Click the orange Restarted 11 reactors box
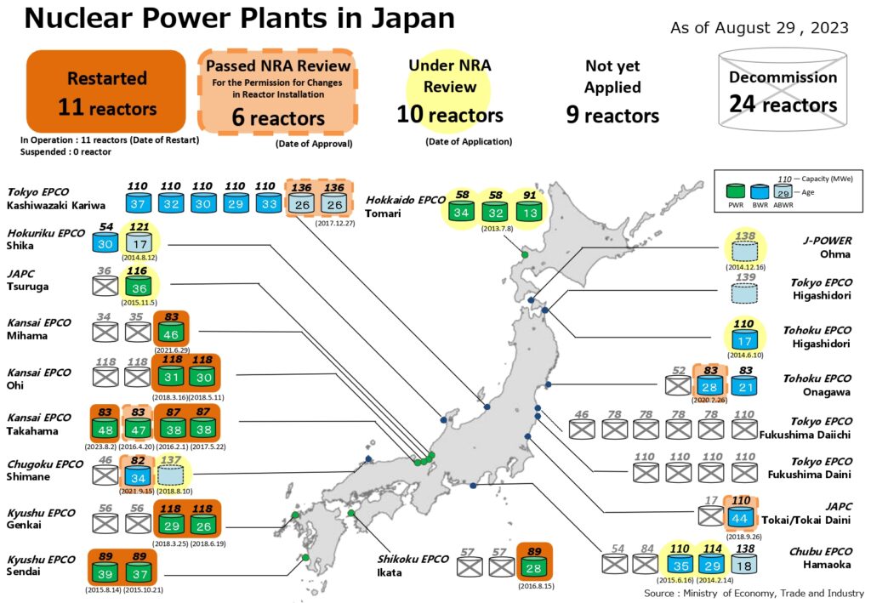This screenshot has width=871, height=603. click(106, 92)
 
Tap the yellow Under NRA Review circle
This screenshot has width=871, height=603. click(450, 89)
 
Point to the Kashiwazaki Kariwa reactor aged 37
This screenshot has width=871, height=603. click(139, 203)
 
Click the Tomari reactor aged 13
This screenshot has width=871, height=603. click(530, 211)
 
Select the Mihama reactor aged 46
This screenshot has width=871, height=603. click(172, 333)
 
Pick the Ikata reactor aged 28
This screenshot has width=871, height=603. click(534, 567)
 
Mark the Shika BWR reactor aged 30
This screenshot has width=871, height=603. click(105, 242)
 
